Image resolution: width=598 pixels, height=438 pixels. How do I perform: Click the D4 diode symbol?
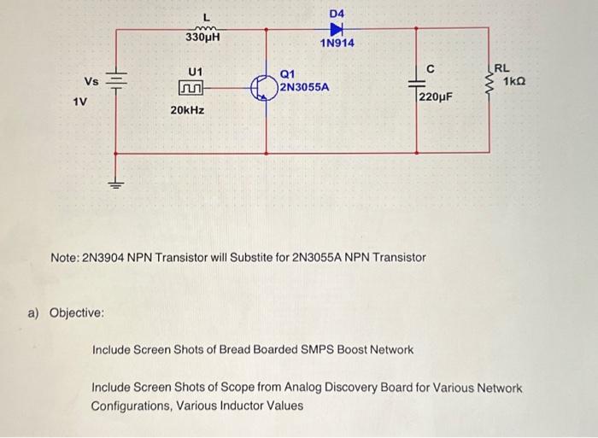point(336,29)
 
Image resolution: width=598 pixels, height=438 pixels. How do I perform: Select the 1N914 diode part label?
point(337,44)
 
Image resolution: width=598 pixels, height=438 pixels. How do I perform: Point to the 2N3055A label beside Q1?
point(304,87)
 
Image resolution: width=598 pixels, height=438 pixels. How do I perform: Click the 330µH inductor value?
point(202,38)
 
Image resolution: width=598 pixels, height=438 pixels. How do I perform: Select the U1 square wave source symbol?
point(193,87)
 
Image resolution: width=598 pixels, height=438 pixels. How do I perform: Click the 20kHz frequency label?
point(187,111)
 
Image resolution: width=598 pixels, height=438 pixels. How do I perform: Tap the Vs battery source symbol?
point(116,82)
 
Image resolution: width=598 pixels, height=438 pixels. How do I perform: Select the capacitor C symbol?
point(416,84)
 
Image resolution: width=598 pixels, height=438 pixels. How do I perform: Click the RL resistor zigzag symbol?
point(490,84)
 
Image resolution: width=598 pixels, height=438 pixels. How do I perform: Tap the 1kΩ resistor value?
point(514,82)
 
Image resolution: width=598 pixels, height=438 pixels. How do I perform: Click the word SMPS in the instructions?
point(295,350)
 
